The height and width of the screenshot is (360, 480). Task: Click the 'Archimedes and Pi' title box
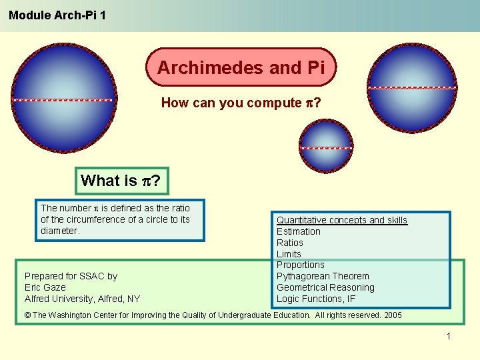(241, 67)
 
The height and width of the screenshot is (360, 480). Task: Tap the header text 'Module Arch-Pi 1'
(57, 14)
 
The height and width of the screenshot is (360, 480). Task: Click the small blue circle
(325, 147)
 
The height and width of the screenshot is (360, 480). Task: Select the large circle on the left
(64, 99)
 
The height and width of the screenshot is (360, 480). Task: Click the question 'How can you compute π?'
(241, 103)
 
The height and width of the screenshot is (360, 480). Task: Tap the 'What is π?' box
(122, 181)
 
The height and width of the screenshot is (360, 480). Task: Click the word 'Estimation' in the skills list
(299, 231)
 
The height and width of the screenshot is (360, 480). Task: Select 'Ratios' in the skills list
(290, 243)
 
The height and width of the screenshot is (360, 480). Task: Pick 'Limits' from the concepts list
(289, 254)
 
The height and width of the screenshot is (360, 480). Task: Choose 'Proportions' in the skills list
(301, 265)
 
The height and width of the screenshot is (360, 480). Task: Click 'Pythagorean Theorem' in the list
(323, 276)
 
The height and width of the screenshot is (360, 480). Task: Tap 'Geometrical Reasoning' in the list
(325, 287)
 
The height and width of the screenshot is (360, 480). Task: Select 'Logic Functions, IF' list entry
(316, 299)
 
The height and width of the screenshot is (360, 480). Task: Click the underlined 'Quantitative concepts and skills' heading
(341, 220)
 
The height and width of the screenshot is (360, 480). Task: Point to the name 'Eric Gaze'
(45, 287)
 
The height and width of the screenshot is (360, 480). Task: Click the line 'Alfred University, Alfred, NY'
(82, 299)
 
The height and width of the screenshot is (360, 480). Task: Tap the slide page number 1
(449, 336)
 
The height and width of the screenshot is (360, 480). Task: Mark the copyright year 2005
(392, 315)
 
